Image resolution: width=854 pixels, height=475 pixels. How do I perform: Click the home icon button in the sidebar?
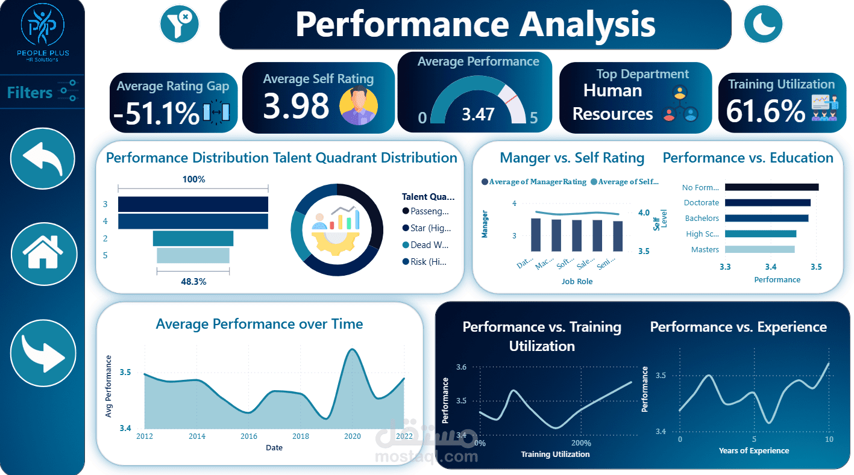click(43, 253)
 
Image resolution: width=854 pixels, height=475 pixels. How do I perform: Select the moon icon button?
click(762, 24)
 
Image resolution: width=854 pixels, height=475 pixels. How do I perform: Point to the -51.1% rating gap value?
click(155, 113)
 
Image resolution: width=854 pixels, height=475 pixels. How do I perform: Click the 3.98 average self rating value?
click(296, 105)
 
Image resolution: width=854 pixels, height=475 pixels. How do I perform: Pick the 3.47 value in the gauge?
click(478, 114)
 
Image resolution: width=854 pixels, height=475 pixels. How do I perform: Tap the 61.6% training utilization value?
click(765, 111)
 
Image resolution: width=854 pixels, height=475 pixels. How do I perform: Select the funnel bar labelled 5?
click(193, 255)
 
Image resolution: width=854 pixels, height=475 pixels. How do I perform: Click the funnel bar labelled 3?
click(193, 205)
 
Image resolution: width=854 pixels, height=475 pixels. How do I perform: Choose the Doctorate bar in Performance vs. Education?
click(767, 203)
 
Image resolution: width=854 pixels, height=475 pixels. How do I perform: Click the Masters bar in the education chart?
click(759, 249)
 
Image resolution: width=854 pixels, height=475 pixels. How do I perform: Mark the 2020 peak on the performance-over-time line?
click(351, 349)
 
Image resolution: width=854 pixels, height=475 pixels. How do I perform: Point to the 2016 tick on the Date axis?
click(248, 436)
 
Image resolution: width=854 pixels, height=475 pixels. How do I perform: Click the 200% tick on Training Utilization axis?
click(581, 444)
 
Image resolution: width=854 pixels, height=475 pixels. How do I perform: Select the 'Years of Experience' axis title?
click(753, 450)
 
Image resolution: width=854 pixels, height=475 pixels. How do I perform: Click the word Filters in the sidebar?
click(30, 93)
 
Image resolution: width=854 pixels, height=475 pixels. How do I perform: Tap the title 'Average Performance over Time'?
click(259, 324)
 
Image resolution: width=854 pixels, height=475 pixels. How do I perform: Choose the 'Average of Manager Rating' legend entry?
click(533, 182)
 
